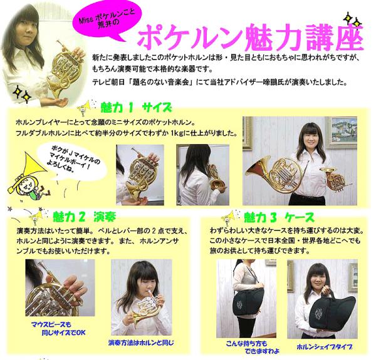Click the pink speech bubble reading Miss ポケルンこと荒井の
tap(105, 21)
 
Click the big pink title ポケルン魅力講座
tap(251, 38)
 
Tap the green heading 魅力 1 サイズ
tap(136, 108)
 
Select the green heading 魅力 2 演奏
tap(84, 217)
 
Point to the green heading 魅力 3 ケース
tap(279, 217)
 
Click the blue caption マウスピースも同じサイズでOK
tap(58, 329)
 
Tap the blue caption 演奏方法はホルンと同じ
tap(141, 342)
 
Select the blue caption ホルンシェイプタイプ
tap(325, 347)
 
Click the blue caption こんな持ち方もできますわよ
tap(253, 347)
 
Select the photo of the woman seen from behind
tap(202, 175)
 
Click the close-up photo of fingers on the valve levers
tap(60, 287)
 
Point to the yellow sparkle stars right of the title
tap(352, 21)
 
